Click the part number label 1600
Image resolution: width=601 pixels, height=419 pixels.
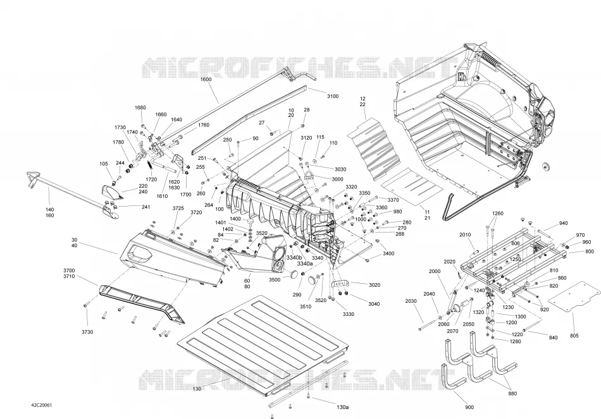point(206,80)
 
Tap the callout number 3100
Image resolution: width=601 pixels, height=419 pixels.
point(333,96)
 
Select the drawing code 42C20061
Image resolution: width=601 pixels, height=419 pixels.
point(41,405)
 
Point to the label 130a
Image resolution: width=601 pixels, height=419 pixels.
point(342,407)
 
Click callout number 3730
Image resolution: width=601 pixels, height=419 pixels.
point(87,332)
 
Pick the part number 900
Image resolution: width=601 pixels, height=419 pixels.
point(469,408)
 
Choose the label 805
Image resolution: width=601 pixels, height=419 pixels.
point(574,336)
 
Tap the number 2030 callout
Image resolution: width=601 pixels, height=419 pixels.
point(411,301)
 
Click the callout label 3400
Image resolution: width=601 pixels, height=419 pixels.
point(388,253)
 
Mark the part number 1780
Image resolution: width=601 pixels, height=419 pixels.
point(118,142)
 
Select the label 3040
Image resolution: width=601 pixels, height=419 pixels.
point(374,304)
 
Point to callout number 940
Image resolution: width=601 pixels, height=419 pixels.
point(564,223)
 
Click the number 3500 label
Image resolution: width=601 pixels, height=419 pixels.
point(275,280)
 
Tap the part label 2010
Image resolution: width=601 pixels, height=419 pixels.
point(465,234)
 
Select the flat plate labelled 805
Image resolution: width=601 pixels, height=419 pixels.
point(573,297)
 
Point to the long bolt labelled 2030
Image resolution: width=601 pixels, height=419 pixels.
point(432,324)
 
